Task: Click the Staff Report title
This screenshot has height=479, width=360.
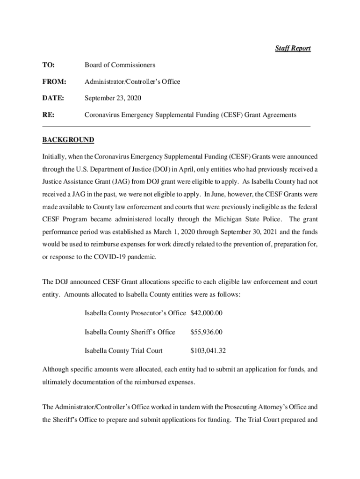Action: (292, 48)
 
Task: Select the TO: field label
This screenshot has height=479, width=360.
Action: (49, 65)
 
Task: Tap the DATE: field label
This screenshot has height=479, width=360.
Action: (53, 98)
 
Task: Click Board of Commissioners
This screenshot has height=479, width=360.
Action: (120, 65)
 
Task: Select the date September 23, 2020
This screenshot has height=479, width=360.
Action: (112, 98)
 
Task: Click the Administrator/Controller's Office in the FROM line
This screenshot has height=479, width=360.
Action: (132, 81)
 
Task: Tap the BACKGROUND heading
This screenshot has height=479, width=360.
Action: (68, 140)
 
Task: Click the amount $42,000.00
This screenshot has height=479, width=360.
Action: (206, 312)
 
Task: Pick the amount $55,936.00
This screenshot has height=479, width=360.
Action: (206, 332)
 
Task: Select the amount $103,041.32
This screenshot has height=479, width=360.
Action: (208, 350)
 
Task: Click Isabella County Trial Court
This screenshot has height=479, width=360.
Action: (123, 350)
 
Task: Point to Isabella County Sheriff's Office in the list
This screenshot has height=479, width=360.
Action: (130, 332)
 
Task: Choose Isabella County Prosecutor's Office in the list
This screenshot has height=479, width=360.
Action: (135, 312)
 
